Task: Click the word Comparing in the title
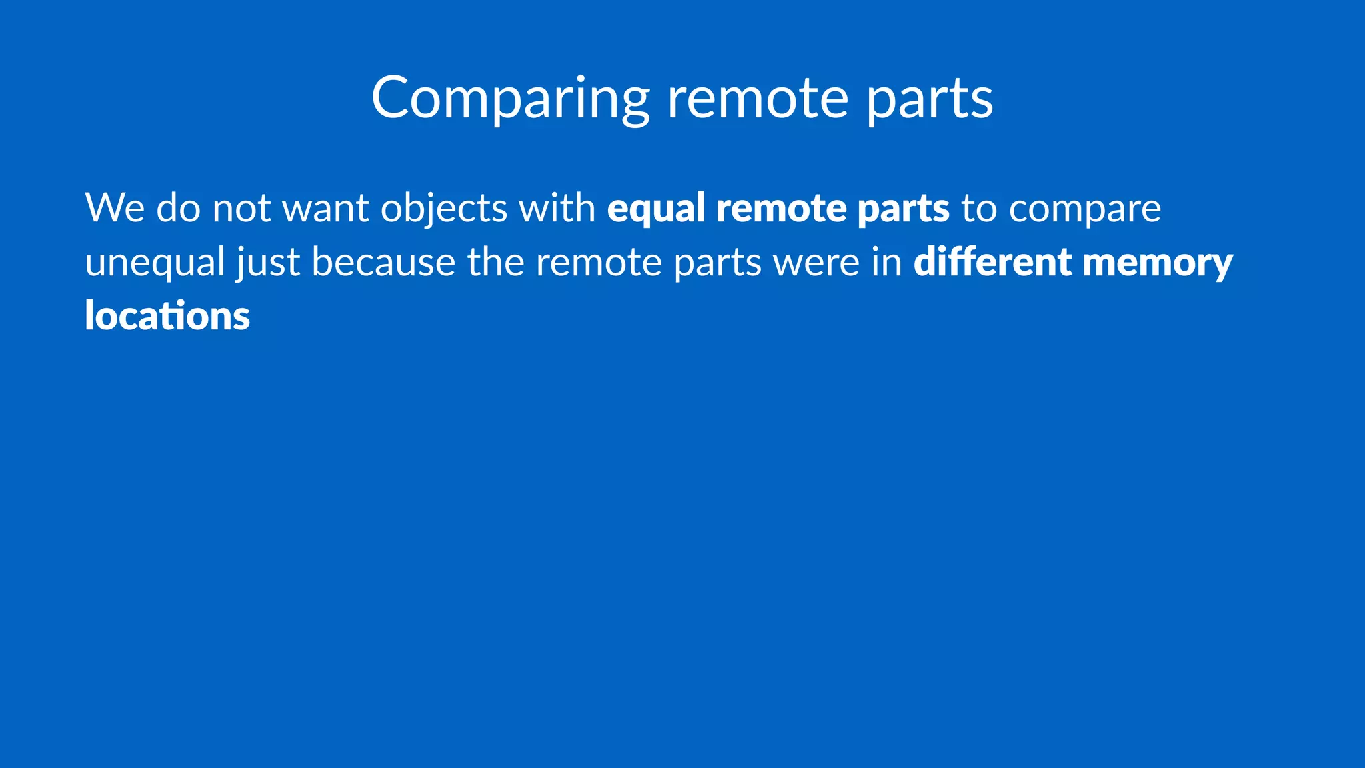510,98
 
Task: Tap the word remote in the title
758,98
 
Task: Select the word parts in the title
930,98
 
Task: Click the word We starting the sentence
115,208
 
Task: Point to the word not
241,208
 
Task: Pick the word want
326,208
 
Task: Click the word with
557,208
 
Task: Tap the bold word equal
656,208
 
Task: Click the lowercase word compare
1085,208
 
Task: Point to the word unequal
155,262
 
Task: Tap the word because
383,262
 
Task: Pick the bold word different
992,262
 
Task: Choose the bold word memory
1158,262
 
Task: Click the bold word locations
167,316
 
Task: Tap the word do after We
178,208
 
